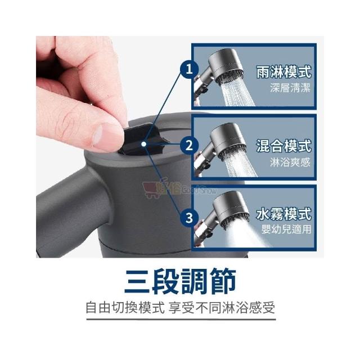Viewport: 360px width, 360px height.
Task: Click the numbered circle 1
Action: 189,69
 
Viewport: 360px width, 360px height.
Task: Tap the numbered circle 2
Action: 189,145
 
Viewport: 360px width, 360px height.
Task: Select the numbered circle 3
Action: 189,218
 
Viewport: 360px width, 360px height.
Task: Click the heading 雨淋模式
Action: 283,71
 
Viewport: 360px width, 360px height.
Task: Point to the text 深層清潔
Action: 290,88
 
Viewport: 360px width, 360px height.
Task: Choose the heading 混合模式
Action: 283,146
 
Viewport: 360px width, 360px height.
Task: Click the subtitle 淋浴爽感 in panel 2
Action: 290,162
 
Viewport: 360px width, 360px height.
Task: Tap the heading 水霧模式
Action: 283,213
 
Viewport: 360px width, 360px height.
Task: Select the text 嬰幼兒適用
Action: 286,229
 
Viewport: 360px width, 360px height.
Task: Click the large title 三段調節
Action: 180,281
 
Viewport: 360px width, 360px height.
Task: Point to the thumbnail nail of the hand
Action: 97,136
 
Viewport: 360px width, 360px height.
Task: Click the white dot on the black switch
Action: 144,144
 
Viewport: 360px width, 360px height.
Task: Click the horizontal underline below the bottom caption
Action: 181,319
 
